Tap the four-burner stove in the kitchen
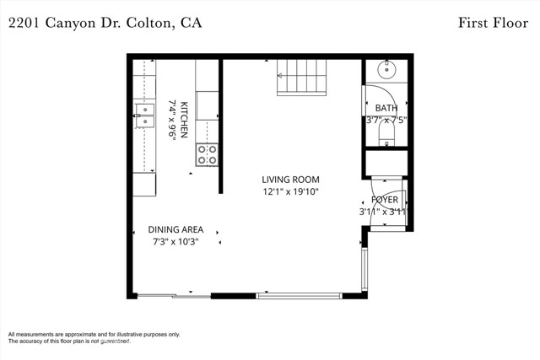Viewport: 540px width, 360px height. [207, 153]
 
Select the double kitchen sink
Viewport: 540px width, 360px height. [145, 116]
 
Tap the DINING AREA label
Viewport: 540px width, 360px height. [175, 229]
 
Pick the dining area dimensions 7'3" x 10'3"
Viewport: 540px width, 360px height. [175, 242]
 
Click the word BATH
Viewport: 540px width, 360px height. [386, 108]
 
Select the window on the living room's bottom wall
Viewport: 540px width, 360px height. [299, 295]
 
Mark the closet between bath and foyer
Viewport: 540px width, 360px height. [386, 161]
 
